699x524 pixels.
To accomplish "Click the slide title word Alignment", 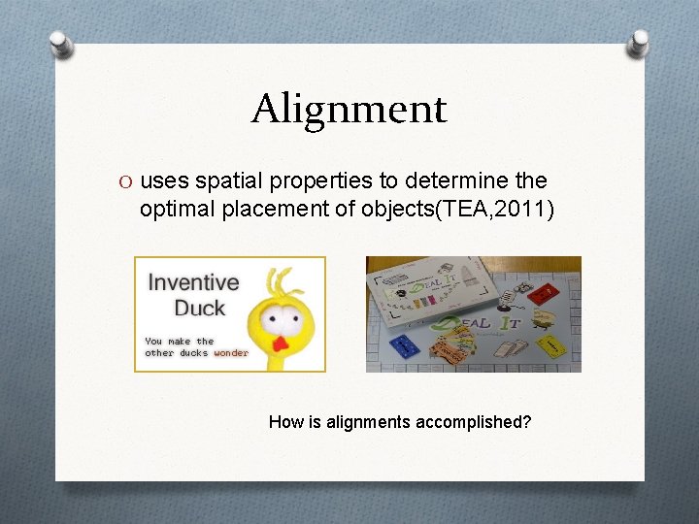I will [x=349, y=109].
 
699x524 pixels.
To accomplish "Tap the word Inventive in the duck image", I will [x=193, y=282].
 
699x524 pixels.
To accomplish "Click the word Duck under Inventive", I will [x=199, y=308].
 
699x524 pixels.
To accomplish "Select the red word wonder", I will [x=231, y=353].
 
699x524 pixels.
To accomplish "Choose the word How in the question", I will [x=283, y=421].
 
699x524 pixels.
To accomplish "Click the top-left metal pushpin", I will [x=61, y=44].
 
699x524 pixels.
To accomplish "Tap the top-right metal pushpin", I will [x=638, y=42].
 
